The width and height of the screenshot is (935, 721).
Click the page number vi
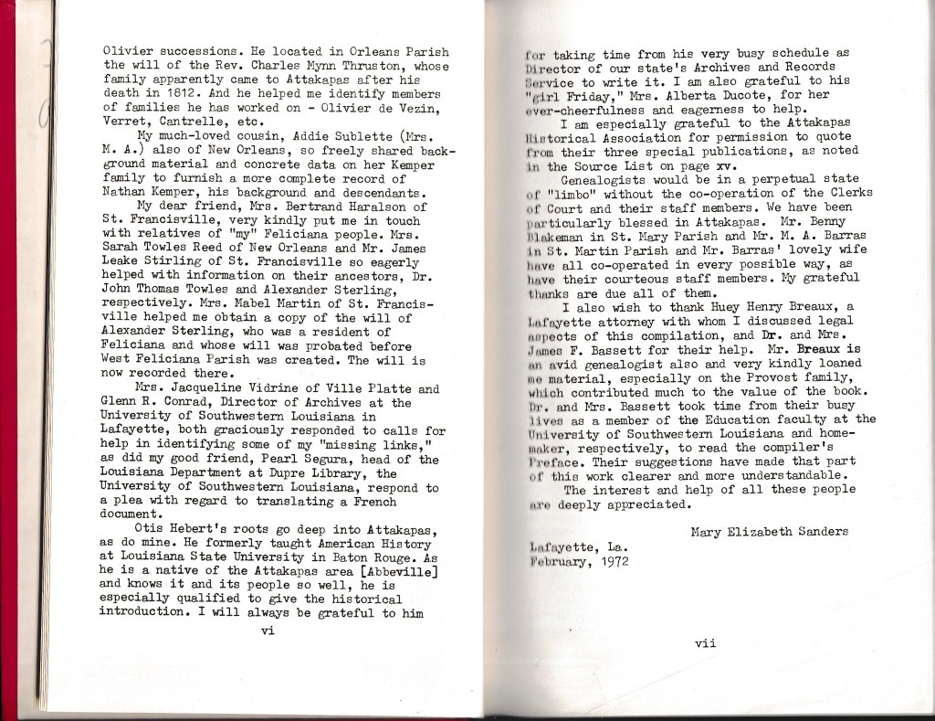pyautogui.click(x=268, y=629)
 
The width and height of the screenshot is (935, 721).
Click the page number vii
pyautogui.click(x=705, y=642)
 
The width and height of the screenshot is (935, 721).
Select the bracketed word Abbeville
pyautogui.click(x=394, y=569)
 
